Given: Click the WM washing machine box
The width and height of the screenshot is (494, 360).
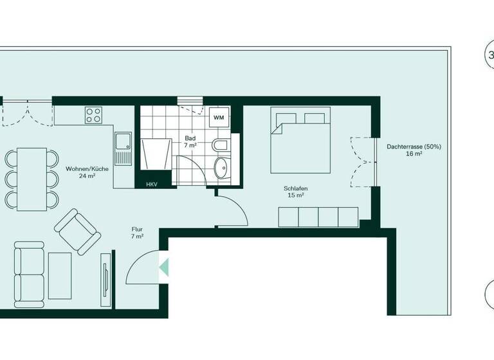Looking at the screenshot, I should pyautogui.click(x=219, y=118).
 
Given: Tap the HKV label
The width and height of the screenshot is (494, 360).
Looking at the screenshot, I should pyautogui.click(x=152, y=184).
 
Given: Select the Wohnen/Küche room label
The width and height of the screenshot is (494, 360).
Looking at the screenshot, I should pyautogui.click(x=80, y=172).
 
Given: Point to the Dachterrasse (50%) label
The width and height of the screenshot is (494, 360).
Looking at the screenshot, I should pyautogui.click(x=414, y=150).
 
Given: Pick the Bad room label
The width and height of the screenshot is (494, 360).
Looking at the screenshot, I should pyautogui.click(x=190, y=141).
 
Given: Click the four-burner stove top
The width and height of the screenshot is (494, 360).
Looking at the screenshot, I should pyautogui.click(x=93, y=116).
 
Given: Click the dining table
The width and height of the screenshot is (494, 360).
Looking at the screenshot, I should pyautogui.click(x=32, y=179).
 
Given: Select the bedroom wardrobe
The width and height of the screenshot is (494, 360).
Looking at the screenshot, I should pyautogui.click(x=318, y=217).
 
